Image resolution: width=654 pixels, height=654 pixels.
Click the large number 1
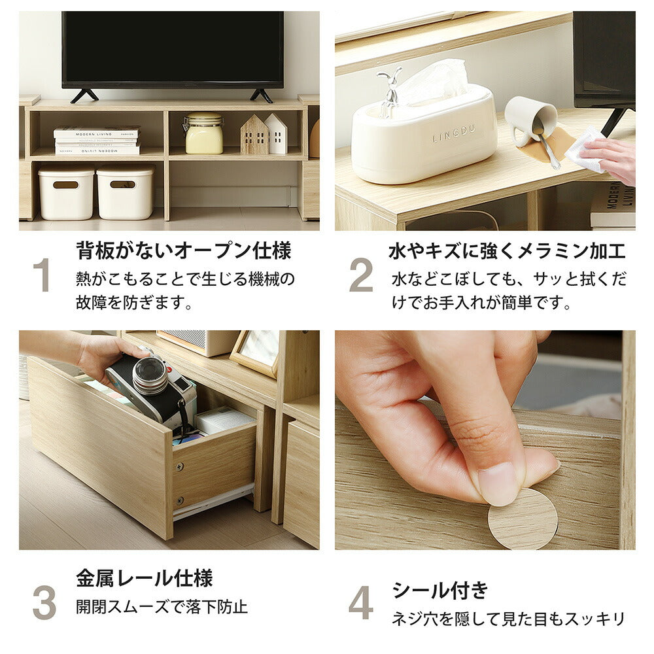(x=42, y=275)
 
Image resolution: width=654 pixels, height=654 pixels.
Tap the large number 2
(x=361, y=275)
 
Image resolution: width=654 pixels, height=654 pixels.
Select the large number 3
(x=44, y=602)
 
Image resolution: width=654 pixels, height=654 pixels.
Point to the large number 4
(x=361, y=602)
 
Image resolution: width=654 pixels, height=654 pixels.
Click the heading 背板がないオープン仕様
(x=183, y=250)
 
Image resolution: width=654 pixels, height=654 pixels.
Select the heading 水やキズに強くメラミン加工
(x=507, y=250)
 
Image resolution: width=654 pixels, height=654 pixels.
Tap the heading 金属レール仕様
(x=144, y=578)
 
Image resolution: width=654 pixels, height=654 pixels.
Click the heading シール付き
(x=440, y=590)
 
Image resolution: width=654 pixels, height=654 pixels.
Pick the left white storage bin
(x=66, y=193)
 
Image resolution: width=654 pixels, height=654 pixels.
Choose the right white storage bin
(x=126, y=193)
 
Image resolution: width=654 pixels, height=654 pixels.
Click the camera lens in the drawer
(x=150, y=375)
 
